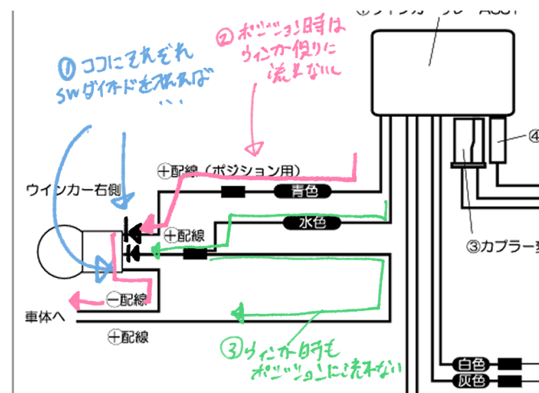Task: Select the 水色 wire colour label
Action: (312, 223)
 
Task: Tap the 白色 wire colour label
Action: (471, 363)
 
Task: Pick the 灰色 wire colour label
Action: (471, 379)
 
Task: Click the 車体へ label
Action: (45, 317)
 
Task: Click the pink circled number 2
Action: (225, 39)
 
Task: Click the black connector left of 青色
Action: (233, 192)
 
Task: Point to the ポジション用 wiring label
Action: (227, 170)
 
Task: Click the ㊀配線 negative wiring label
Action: (128, 300)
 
